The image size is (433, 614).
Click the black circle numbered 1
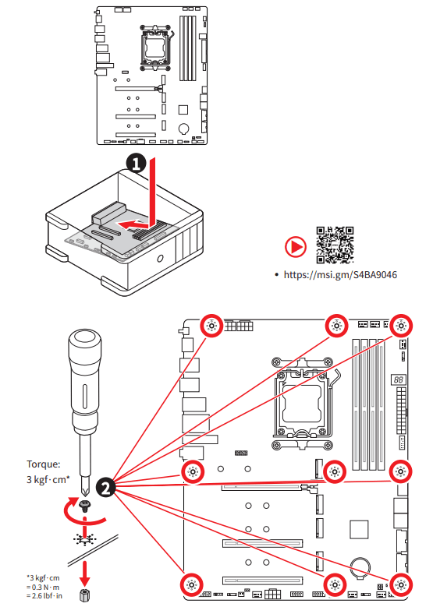(136, 163)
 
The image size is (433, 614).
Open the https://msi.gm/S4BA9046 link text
(333, 275)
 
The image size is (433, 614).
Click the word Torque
(44, 464)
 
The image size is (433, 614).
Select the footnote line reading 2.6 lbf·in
(43, 595)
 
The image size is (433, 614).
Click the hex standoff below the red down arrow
(84, 596)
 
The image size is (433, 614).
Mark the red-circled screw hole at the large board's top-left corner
(211, 326)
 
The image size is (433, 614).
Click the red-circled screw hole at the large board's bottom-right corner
(400, 584)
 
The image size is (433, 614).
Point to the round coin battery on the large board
(360, 565)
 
